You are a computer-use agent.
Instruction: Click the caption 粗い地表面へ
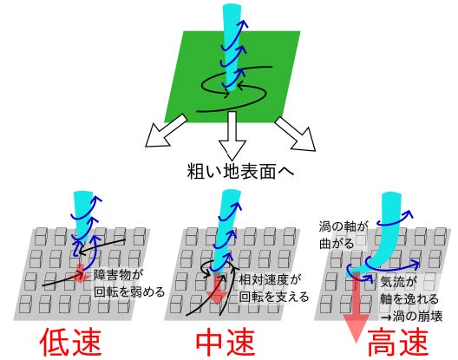[x=240, y=171]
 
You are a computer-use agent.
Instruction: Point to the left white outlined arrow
[x=166, y=131]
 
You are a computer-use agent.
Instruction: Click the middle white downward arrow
[x=232, y=135]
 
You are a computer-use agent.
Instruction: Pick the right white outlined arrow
[x=296, y=134]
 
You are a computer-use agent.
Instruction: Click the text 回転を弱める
[x=129, y=292]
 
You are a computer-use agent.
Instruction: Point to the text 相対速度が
[x=269, y=280]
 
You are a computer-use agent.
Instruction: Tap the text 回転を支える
[x=274, y=297]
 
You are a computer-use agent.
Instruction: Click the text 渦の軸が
[x=343, y=226]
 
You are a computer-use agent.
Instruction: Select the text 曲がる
[x=337, y=244]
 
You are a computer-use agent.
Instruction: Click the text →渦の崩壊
[x=411, y=317]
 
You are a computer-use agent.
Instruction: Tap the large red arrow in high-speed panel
[x=356, y=307]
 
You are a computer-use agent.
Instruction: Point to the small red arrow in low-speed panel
[x=81, y=273]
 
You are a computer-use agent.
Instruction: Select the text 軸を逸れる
[x=409, y=299]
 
